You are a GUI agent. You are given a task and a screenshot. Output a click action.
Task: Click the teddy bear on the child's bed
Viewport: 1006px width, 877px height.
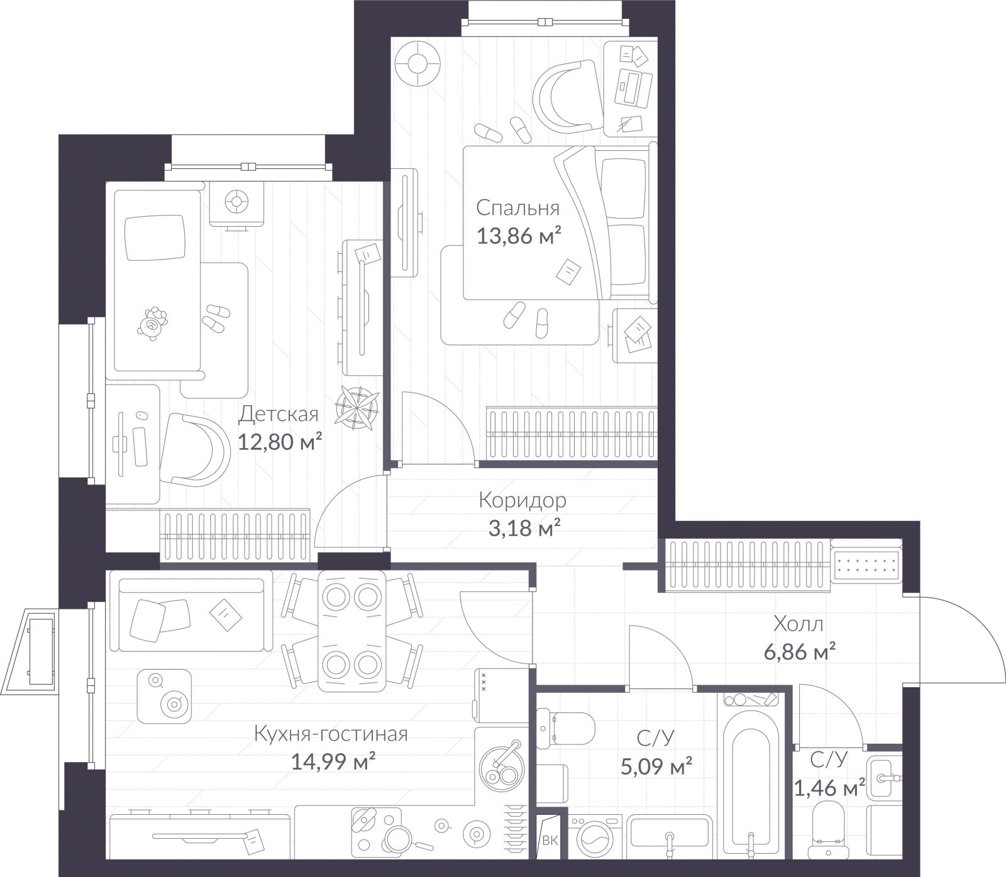[153, 324]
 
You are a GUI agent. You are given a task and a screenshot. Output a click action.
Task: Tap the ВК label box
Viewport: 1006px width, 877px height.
[550, 841]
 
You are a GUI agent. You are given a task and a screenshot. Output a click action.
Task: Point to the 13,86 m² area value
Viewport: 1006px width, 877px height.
[519, 237]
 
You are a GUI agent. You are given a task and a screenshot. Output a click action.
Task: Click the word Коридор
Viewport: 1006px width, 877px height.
[522, 501]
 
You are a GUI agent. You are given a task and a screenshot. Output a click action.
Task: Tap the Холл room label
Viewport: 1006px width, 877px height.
[799, 624]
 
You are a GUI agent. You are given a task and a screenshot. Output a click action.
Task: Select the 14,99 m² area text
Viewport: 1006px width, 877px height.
[334, 762]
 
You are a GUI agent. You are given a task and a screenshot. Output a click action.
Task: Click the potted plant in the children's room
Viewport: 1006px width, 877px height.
[357, 405]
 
